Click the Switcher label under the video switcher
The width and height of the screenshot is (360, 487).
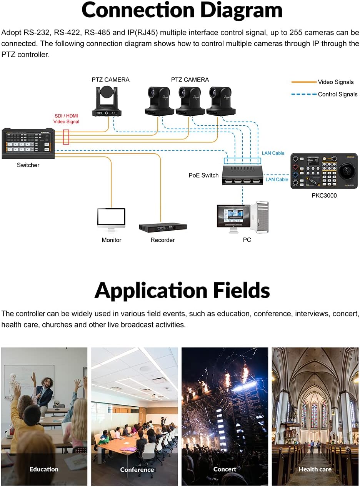click(x=28, y=165)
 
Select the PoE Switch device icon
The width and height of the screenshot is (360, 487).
click(x=242, y=175)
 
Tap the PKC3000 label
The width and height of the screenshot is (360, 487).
click(x=324, y=195)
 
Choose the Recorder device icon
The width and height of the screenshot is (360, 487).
click(x=163, y=228)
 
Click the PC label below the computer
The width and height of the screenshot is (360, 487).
click(x=247, y=240)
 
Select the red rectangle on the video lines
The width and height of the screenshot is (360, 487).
click(x=66, y=137)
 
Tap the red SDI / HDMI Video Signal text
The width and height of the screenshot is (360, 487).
click(x=66, y=118)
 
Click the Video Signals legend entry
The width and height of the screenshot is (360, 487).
click(x=322, y=82)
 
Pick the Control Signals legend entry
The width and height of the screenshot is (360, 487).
click(x=324, y=94)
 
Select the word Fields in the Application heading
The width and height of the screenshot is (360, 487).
click(x=242, y=291)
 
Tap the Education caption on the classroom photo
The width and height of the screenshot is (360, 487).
click(x=44, y=469)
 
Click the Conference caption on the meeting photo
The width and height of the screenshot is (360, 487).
click(x=137, y=470)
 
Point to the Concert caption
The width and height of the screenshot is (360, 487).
click(x=225, y=469)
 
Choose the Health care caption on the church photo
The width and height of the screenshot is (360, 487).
click(x=315, y=469)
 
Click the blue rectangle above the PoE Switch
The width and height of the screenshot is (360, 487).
click(x=242, y=161)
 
